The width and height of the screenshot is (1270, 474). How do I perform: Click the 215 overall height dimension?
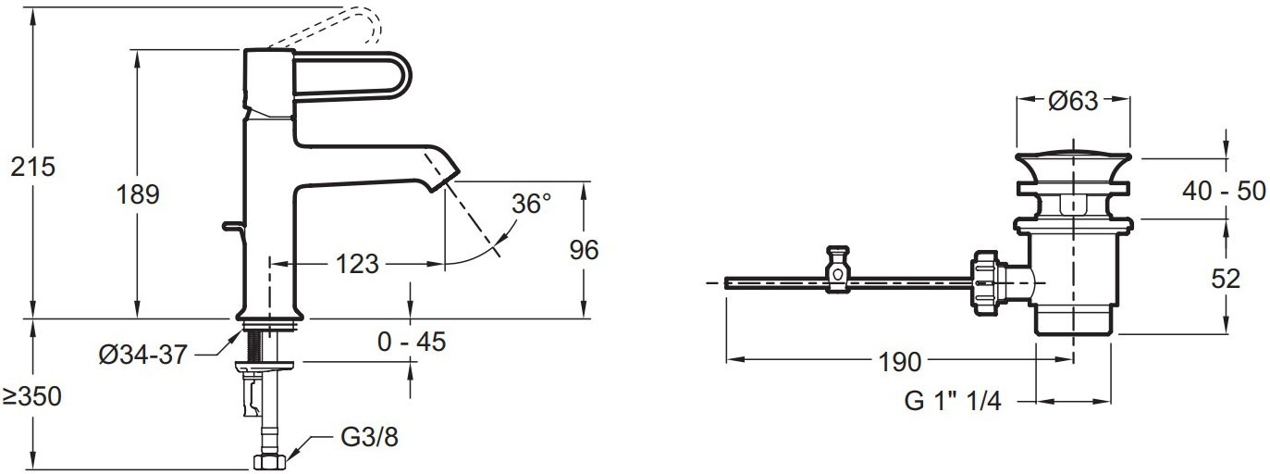point(33,167)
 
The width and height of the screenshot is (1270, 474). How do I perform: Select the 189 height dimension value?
point(138,194)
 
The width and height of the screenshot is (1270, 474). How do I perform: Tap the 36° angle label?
point(531,204)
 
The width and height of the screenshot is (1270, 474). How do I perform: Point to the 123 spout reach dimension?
point(357,264)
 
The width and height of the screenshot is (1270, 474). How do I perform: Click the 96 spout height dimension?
point(584,250)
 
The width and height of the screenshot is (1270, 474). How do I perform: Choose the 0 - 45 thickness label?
point(412,342)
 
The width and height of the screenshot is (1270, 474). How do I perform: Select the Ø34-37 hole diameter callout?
point(142,355)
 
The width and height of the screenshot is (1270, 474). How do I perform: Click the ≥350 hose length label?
point(31,396)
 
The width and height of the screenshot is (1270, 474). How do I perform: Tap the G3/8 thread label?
point(370,437)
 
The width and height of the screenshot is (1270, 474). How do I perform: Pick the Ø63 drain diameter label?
point(1073,101)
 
